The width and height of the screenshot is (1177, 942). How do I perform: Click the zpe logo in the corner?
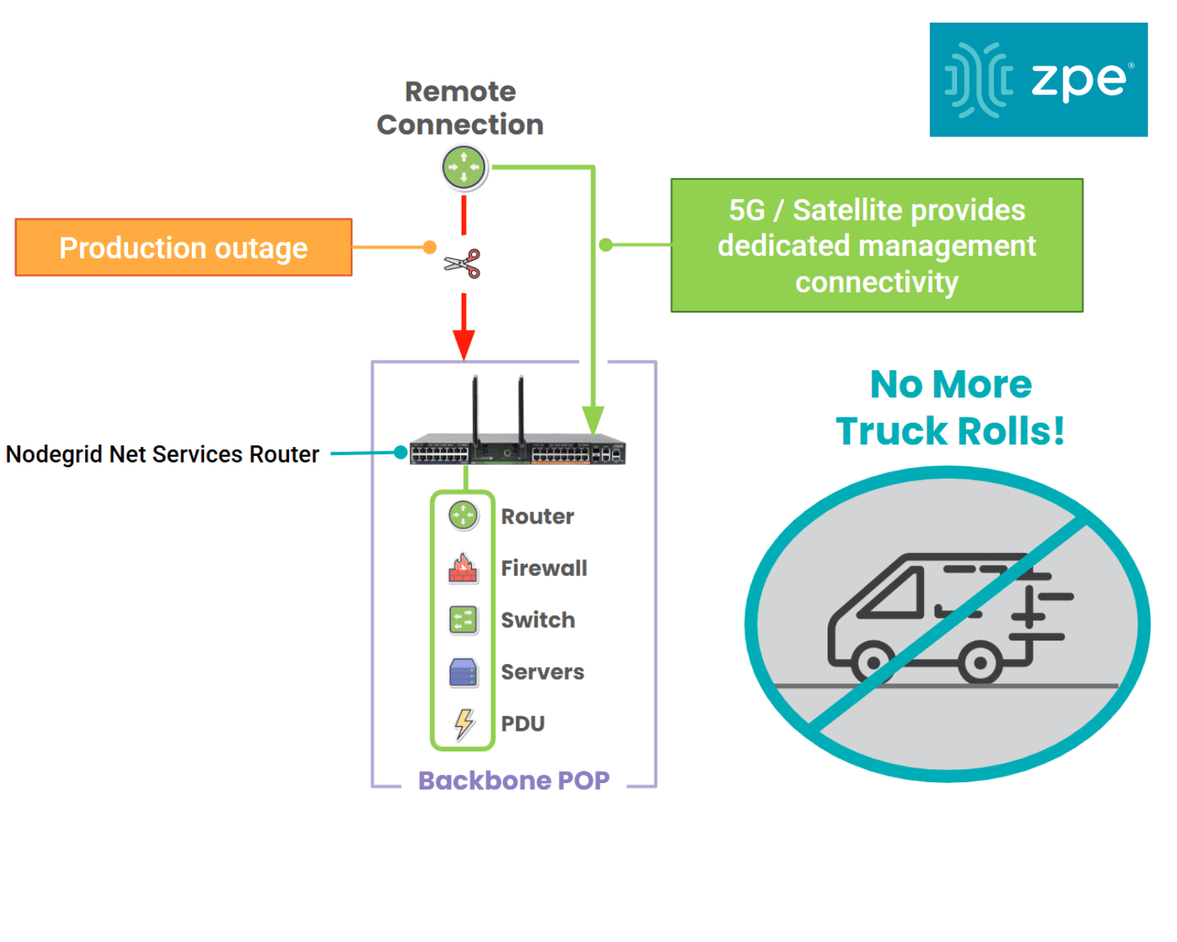tap(1038, 79)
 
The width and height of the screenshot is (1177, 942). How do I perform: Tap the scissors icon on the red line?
tap(462, 263)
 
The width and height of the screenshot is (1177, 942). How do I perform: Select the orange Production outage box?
tap(184, 248)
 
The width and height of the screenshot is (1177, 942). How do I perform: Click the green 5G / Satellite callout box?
tap(877, 246)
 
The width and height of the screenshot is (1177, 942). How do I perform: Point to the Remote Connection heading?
tap(460, 108)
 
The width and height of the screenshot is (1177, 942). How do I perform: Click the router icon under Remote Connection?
tap(464, 167)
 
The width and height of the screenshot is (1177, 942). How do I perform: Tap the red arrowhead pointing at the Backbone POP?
tap(464, 345)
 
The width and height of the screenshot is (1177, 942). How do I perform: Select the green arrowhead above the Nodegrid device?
tap(593, 419)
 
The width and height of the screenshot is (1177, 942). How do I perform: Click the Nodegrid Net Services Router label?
tap(163, 454)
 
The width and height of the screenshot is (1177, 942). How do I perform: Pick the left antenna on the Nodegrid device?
tap(475, 407)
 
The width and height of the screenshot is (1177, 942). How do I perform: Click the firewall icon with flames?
tap(463, 568)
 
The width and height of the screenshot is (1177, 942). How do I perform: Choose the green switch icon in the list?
tap(463, 619)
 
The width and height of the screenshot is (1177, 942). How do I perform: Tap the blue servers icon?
tap(463, 672)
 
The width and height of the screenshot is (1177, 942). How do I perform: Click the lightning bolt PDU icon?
tap(464, 723)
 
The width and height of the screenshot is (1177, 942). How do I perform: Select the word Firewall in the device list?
tap(544, 568)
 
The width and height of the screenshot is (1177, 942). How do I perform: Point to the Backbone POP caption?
tap(514, 781)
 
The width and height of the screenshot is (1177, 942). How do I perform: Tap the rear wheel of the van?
tap(979, 663)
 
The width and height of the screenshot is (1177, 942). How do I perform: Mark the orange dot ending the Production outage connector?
tap(430, 247)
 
